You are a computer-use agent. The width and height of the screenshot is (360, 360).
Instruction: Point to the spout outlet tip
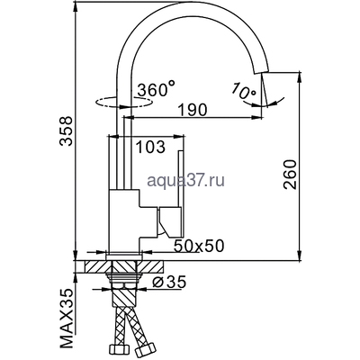coord(263,102)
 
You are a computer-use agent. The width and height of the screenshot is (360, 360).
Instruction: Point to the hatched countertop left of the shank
coord(94,267)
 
